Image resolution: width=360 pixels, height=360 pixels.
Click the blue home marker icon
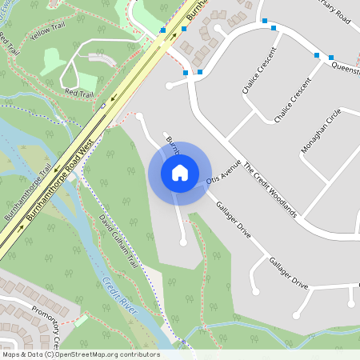pos(180,173)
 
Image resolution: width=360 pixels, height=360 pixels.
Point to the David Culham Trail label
pos(119,239)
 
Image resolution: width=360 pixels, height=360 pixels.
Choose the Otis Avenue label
pos(223,170)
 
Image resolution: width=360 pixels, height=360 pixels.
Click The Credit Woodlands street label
pos(270,190)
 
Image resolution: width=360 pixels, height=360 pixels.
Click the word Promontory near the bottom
pos(43,318)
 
